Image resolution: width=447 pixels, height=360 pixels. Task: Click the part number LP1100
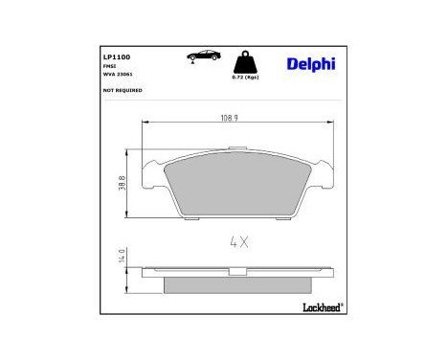click(116, 56)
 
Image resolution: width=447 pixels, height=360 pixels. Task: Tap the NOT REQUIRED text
click(122, 90)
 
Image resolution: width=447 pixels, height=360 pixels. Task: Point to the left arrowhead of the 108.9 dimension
click(145, 122)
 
